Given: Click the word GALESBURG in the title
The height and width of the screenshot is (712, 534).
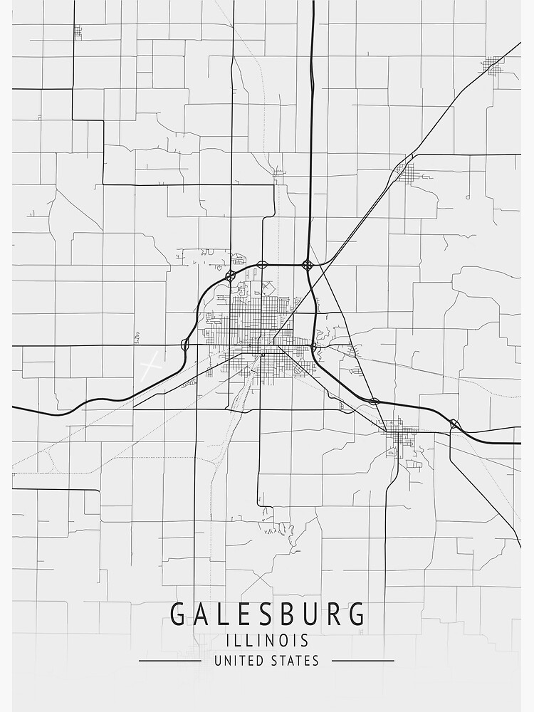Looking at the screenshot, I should [267, 614].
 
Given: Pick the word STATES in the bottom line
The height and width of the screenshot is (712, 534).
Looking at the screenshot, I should [295, 661].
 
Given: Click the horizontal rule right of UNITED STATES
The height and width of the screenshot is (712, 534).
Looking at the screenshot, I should [362, 661].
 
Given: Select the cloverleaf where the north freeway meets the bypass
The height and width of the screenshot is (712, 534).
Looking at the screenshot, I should [308, 265].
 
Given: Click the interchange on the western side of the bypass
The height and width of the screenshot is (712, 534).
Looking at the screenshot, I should [185, 345].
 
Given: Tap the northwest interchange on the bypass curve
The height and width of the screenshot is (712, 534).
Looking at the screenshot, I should [230, 275].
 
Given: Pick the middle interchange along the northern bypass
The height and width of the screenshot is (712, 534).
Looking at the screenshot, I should [262, 264].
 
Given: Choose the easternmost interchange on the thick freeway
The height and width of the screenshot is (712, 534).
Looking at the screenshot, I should [454, 424].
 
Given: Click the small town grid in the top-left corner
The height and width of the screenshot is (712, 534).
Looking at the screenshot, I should [77, 31].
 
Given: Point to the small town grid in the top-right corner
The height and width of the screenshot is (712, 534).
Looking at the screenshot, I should [491, 66].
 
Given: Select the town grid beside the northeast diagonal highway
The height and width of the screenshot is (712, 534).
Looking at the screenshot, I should [404, 171].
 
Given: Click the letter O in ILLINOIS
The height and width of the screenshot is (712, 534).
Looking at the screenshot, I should [288, 640].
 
